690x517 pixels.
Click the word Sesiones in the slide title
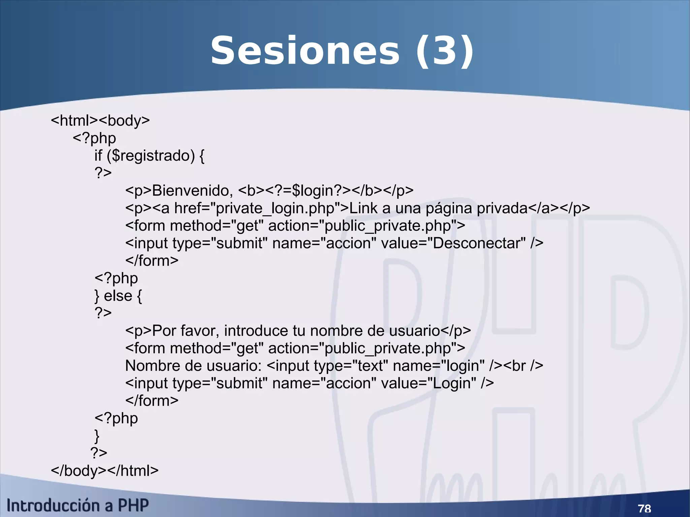(305, 51)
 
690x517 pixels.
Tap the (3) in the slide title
(444, 51)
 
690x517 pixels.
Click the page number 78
(644, 508)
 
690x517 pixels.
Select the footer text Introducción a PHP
(77, 506)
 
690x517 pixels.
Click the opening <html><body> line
(100, 121)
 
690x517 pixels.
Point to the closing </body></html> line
(104, 471)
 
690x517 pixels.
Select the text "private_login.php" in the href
(275, 208)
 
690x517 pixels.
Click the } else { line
(118, 296)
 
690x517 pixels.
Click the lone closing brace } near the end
(97, 436)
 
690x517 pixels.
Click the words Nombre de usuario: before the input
(193, 366)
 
